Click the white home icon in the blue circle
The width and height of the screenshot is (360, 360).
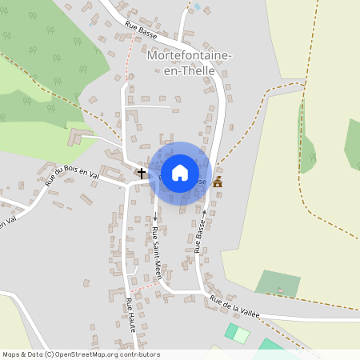(180, 172)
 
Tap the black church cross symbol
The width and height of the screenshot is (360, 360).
(142, 173)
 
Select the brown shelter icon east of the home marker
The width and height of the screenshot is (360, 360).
(218, 182)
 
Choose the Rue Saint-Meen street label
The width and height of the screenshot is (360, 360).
(158, 253)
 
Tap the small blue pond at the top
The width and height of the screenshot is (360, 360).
(197, 6)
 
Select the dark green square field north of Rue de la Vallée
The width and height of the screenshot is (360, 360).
(278, 283)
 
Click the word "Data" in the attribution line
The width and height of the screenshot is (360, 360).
(34, 354)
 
